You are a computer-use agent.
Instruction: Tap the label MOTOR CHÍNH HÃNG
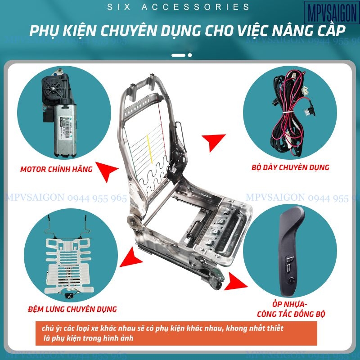point(56,170)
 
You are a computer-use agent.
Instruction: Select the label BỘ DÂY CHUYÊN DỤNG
point(290,167)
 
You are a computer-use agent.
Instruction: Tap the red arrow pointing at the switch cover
point(236,282)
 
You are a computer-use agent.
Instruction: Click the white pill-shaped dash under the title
point(179,55)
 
